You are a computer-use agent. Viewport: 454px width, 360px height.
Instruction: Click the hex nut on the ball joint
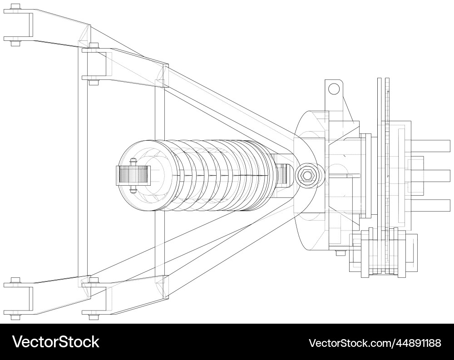[x=307, y=175]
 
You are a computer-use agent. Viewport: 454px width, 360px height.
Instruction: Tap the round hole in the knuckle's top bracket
[x=334, y=89]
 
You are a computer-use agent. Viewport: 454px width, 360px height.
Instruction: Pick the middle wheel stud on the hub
[x=436, y=175]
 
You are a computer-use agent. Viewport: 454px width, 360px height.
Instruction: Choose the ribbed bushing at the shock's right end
[x=282, y=175]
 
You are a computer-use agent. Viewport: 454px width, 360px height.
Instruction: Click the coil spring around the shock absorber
[x=213, y=175]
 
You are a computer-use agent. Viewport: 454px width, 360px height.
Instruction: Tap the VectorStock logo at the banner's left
[x=55, y=342]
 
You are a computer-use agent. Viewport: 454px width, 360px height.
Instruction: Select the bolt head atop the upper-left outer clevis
[x=15, y=7]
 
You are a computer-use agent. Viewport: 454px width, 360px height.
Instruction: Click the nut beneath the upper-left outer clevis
[x=15, y=44]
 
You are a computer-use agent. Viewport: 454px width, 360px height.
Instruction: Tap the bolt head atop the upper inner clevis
[x=94, y=46]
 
